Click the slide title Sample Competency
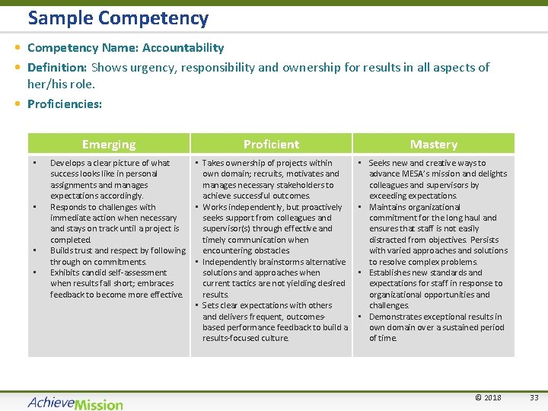point(118,18)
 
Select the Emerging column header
point(109,144)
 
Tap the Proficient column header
point(271,144)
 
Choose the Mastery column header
point(433,144)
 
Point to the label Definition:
point(57,68)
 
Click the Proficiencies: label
point(65,104)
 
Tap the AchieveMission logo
point(75,402)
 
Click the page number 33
point(534,397)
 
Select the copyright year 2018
point(492,397)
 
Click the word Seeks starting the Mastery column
point(381,163)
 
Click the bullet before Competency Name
point(17,48)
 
